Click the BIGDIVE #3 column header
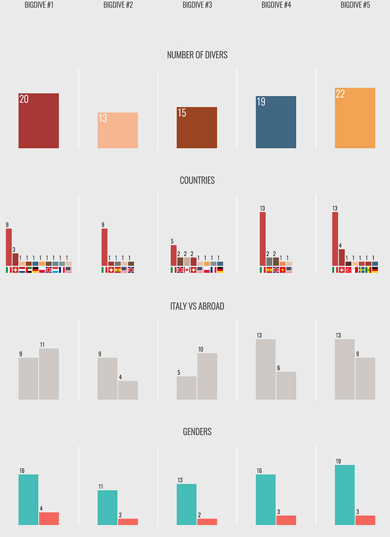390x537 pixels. pos(197,5)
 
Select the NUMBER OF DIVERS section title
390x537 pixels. pos(197,55)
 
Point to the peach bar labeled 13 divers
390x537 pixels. pos(117,130)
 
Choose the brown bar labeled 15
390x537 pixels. pos(197,127)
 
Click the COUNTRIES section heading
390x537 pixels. pos(197,181)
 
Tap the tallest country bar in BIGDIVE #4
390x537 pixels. pos(263,239)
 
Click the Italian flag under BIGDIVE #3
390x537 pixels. pos(174,269)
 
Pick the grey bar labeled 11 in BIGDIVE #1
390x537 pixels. pos(49,374)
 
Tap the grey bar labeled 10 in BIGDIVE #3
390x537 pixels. pos(207,376)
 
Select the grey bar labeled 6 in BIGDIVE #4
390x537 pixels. pos(286,386)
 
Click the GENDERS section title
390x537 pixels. pos(197,432)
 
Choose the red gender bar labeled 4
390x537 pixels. pos(49,518)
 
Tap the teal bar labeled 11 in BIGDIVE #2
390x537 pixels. pos(108,508)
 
